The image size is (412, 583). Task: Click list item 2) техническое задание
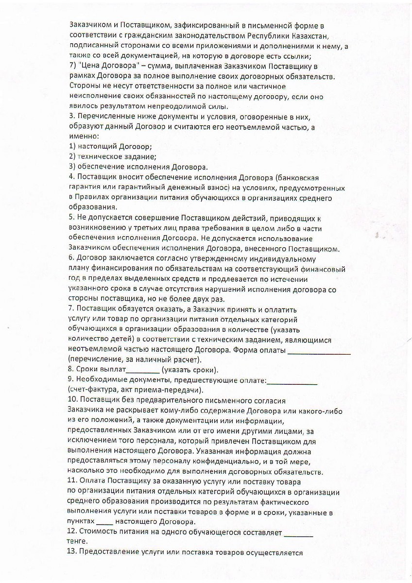[112, 156]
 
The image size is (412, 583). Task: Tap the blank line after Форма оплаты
[319, 351]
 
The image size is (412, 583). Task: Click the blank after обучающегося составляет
[298, 533]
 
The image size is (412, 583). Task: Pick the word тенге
[79, 542]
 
